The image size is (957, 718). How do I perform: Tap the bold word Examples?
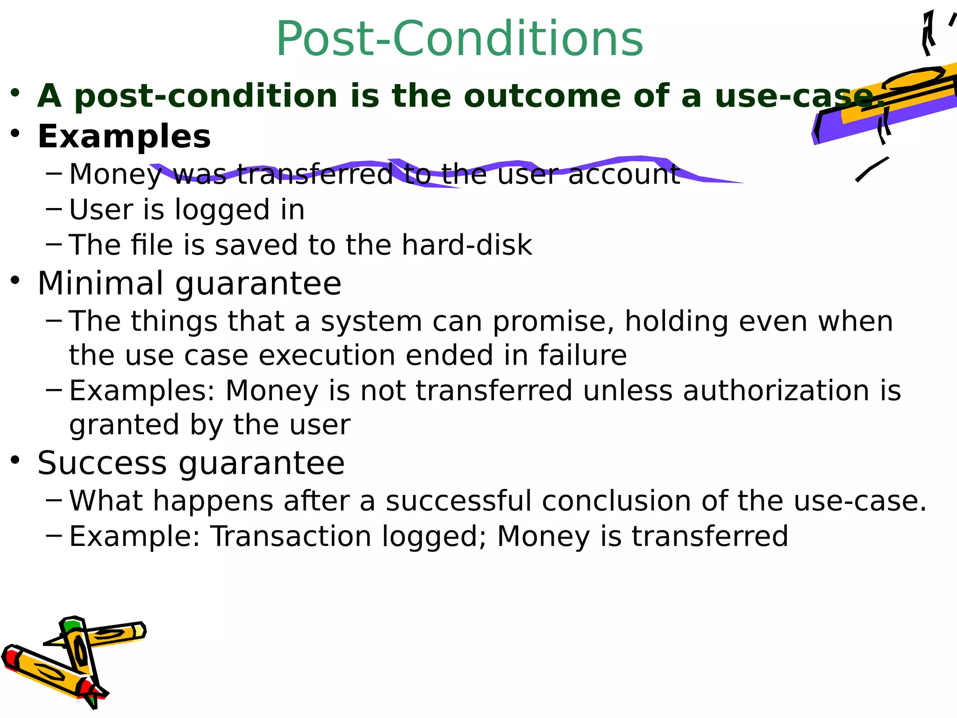(124, 136)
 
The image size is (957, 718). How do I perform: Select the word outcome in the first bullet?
(542, 96)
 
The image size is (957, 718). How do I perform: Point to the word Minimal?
(100, 283)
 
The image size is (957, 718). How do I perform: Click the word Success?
(102, 463)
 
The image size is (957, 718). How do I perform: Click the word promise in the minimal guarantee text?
(553, 322)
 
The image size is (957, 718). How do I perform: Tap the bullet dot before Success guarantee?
(15, 460)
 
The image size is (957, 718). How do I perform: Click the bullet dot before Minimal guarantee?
(15, 280)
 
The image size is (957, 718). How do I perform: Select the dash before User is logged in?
(54, 208)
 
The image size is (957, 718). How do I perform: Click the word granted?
(124, 425)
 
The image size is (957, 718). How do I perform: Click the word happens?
(213, 502)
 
